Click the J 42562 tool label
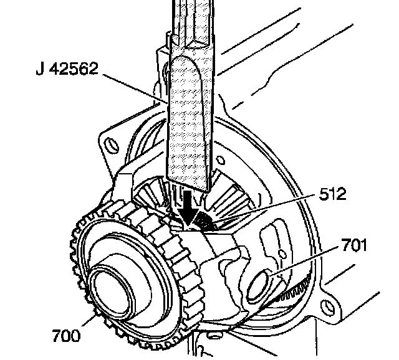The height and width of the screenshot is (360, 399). click(67, 69)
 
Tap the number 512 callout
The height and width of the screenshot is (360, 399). click(332, 194)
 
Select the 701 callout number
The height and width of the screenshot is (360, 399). click(354, 245)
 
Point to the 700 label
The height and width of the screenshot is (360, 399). click(67, 336)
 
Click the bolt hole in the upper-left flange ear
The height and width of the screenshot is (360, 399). click(113, 145)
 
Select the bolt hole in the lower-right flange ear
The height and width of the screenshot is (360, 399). click(329, 307)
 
